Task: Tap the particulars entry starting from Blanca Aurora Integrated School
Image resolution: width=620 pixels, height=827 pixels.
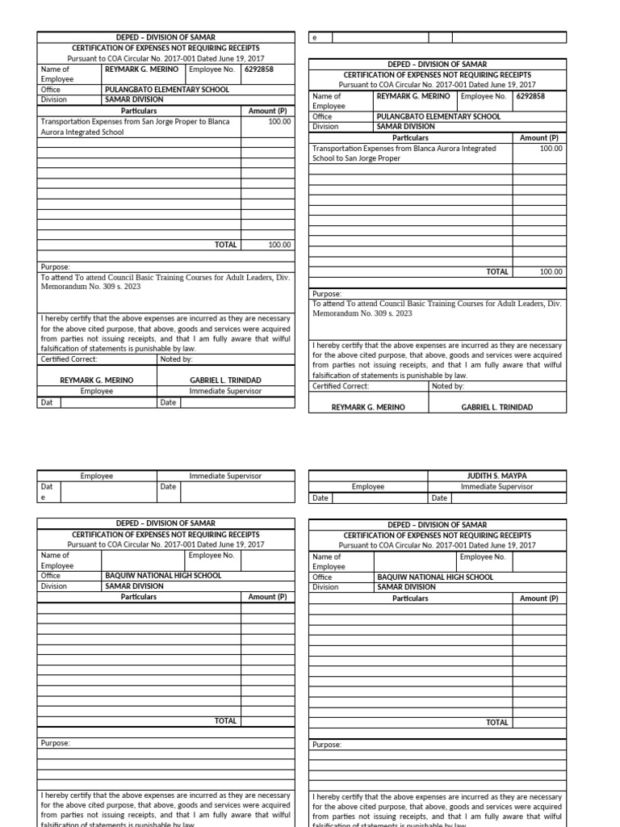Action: click(404, 153)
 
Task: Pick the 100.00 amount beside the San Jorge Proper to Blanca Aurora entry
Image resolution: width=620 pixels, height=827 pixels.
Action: click(279, 122)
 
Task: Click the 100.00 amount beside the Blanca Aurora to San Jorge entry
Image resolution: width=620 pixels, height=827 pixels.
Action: click(551, 149)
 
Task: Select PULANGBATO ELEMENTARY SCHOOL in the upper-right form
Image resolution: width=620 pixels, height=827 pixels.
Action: click(438, 116)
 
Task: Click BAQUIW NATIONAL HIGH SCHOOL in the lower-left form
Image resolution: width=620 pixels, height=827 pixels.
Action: click(163, 576)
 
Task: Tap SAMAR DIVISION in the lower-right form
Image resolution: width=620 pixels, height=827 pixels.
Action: click(405, 587)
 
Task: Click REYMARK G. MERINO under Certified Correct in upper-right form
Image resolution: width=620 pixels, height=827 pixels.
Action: click(368, 407)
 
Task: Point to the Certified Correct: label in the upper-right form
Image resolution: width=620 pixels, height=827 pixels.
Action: click(340, 387)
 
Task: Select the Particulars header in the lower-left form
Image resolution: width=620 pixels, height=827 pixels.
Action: click(139, 597)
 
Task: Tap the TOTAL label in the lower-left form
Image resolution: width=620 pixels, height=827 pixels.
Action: click(225, 721)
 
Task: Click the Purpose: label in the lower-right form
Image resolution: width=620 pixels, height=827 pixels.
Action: click(326, 745)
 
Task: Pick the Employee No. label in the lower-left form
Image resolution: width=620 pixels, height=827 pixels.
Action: click(211, 556)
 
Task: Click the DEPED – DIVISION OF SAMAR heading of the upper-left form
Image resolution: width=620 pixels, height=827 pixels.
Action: click(166, 37)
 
